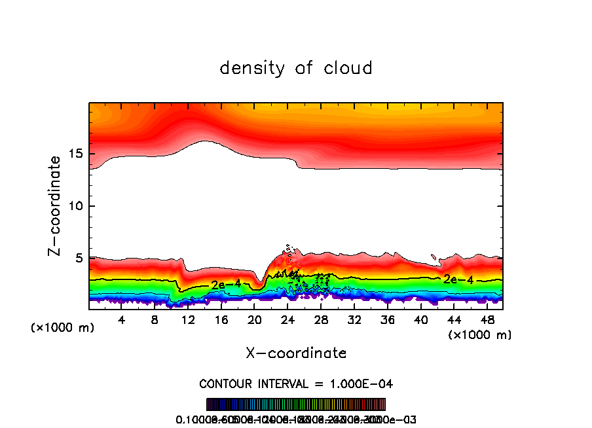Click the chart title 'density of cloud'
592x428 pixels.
pos(296,68)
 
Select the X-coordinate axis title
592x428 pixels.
pos(296,353)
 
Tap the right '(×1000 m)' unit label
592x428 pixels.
pos(480,335)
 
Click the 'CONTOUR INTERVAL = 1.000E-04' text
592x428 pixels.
pos(296,383)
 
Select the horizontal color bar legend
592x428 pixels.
pos(296,404)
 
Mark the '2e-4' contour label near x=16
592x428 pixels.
pos(226,284)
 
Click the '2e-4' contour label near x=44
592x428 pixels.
pos(458,279)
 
